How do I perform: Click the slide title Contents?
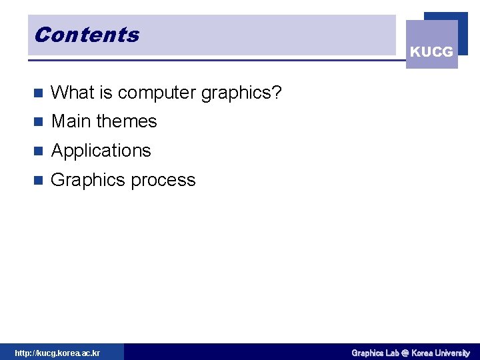tap(87, 35)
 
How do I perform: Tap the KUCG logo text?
tap(431, 52)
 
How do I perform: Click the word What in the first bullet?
tap(69, 92)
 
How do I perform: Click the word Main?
tap(71, 121)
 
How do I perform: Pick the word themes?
tap(127, 121)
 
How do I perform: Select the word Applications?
tap(101, 151)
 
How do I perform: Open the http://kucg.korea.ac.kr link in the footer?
tap(57, 353)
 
